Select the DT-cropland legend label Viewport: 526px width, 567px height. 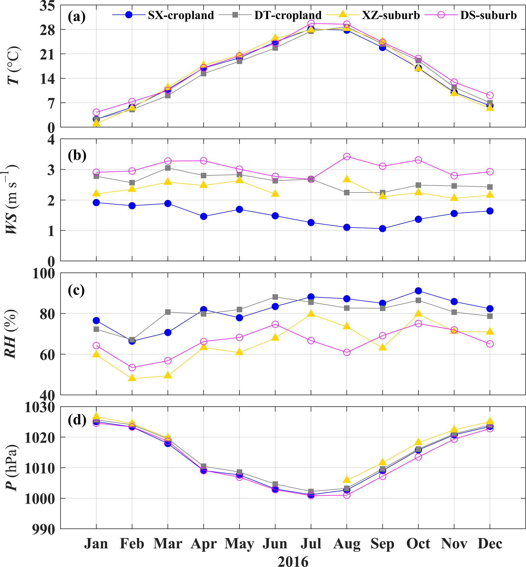tap(288, 15)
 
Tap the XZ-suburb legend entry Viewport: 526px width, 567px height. tap(391, 15)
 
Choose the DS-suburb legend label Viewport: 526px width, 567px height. tap(488, 15)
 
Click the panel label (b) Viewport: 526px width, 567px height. tap(77, 156)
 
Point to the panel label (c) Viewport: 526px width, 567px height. tap(76, 290)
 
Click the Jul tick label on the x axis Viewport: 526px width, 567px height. tap(311, 544)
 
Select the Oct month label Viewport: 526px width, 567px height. tap(418, 544)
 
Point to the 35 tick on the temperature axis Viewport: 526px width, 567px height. tap(47, 6)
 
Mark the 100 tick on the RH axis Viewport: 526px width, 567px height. tap(44, 274)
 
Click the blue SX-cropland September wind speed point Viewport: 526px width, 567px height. tap(382, 228)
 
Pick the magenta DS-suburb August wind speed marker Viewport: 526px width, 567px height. tap(347, 156)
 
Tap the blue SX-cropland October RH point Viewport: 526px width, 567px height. tap(418, 291)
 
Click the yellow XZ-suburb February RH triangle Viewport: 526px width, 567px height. tap(132, 378)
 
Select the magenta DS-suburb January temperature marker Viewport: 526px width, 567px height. tap(96, 112)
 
